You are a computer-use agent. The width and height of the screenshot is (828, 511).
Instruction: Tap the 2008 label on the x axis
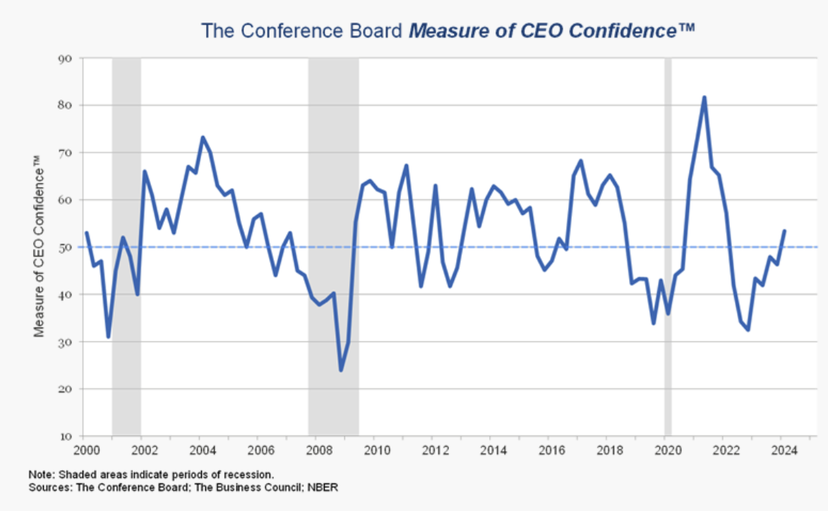click(316, 450)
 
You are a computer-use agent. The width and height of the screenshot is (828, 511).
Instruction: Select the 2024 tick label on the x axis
click(784, 450)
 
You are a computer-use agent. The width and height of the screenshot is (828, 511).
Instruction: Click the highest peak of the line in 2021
click(704, 97)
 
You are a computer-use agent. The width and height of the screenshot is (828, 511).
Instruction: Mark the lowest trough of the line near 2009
click(341, 370)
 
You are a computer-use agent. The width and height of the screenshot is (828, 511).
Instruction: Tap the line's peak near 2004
click(203, 138)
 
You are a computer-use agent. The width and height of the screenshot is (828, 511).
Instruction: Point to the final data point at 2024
click(785, 231)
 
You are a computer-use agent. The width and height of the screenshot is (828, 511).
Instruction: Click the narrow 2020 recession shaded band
click(668, 247)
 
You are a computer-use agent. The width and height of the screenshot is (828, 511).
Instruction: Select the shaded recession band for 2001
click(126, 247)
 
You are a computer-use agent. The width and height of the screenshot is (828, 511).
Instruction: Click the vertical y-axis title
click(40, 247)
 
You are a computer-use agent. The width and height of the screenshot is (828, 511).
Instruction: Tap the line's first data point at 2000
click(85, 232)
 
